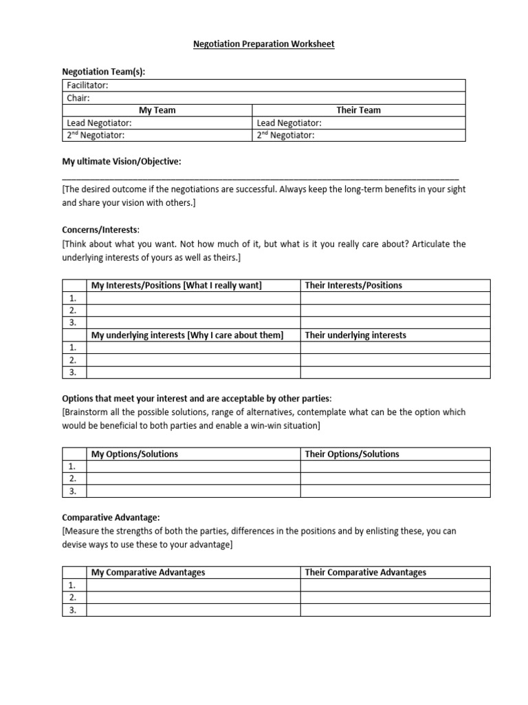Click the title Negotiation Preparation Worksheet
[264, 44]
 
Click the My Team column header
[157, 110]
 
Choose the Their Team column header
[358, 110]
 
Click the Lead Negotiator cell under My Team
[157, 123]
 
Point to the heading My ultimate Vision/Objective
[122, 161]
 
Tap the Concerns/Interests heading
[100, 229]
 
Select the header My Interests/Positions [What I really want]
[177, 285]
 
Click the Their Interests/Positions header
[353, 285]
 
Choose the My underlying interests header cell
[187, 335]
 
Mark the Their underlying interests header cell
[355, 335]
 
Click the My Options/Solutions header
[135, 454]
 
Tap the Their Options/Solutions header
[352, 454]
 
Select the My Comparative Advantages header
[148, 572]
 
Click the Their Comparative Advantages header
[366, 572]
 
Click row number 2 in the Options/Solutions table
[74, 478]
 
